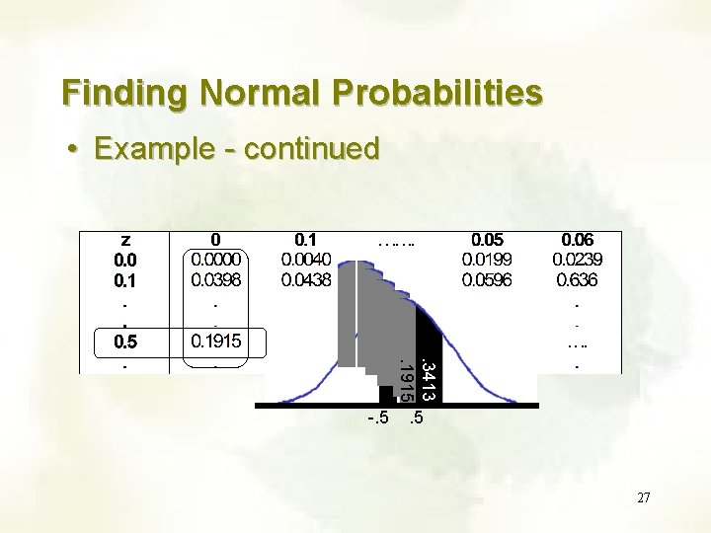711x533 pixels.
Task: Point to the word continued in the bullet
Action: (x=311, y=149)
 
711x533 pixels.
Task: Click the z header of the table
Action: (x=125, y=240)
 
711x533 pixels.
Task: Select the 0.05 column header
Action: (x=486, y=240)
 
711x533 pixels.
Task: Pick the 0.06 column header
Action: (x=578, y=240)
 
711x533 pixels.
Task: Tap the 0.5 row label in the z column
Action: (x=125, y=343)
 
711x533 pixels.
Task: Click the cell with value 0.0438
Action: (x=307, y=280)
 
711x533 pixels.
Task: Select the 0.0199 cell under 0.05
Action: (x=486, y=260)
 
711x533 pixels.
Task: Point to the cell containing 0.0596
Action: (x=486, y=280)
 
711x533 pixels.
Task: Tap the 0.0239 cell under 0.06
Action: (x=578, y=260)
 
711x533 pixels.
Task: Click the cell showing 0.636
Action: (x=578, y=280)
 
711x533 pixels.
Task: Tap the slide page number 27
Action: (x=643, y=498)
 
